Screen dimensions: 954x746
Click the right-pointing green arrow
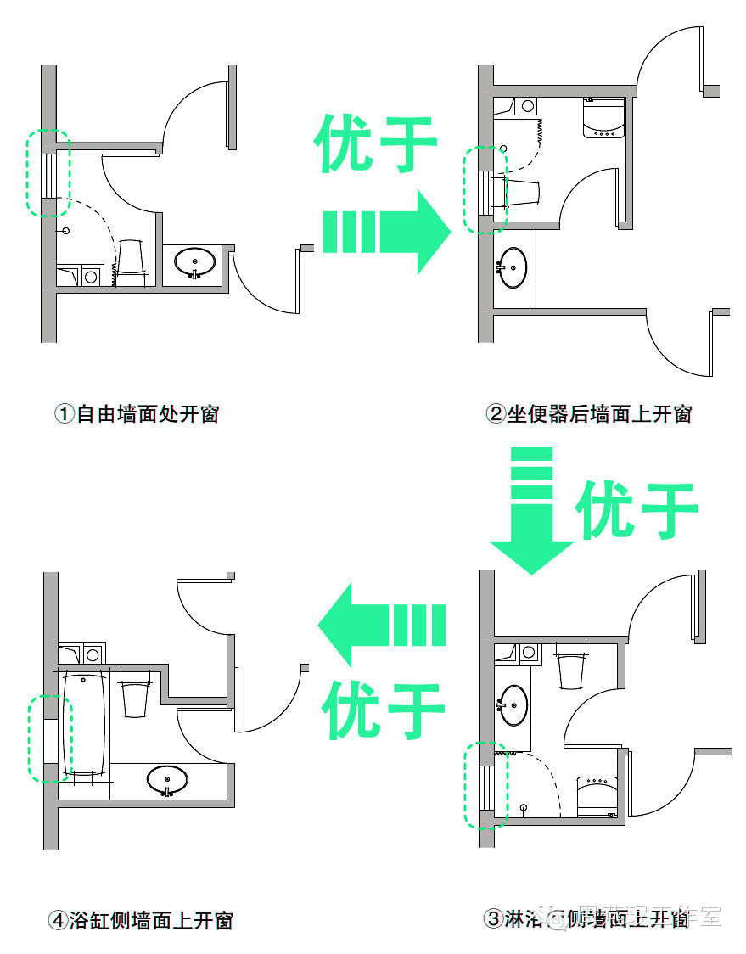point(386,231)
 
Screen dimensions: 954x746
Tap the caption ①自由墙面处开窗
point(137,413)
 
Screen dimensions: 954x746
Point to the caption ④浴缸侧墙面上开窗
point(140,919)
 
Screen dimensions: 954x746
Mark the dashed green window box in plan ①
point(48,172)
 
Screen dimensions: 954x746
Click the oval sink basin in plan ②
point(513,267)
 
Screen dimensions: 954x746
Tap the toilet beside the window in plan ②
point(519,193)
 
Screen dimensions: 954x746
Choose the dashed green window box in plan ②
point(485,189)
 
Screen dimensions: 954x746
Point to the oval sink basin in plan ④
point(167,779)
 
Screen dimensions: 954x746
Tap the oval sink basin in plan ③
point(513,705)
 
